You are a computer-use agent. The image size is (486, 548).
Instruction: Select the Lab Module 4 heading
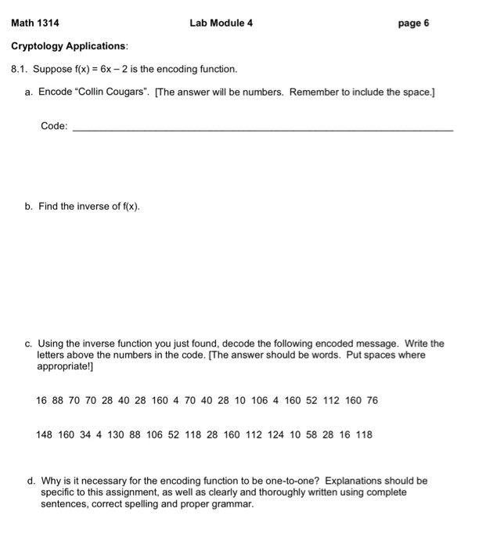pos(221,23)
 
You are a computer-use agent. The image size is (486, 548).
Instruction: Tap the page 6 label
pos(413,23)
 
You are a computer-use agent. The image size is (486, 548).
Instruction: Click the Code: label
pos(54,126)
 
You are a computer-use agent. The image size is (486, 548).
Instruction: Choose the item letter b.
pos(28,207)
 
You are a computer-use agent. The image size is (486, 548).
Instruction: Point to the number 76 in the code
pos(372,400)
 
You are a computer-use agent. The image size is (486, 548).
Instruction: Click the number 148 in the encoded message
pos(45,434)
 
